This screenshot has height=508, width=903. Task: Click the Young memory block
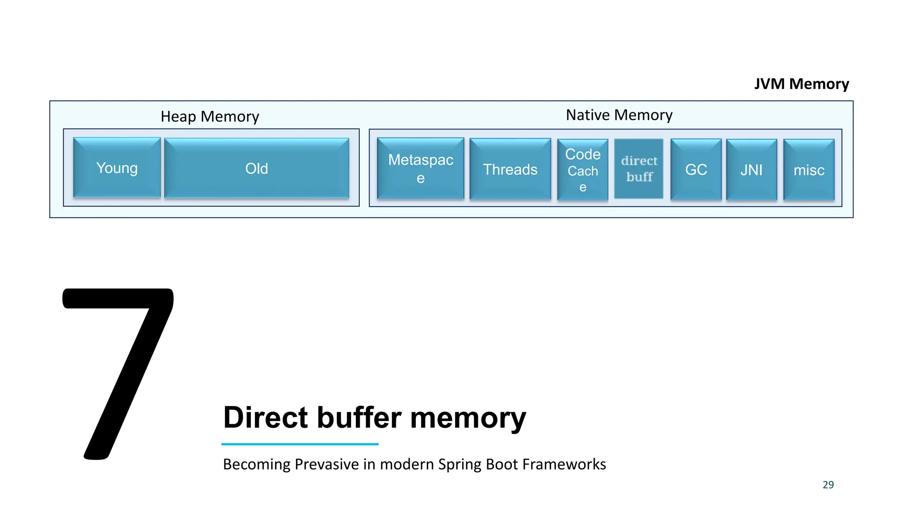point(117,168)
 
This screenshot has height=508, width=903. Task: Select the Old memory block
point(257,168)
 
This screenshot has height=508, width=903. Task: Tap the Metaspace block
point(421,168)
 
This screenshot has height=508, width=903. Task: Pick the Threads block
point(510,169)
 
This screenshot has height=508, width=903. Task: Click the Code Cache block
point(582,170)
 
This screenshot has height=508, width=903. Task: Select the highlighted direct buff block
point(639,169)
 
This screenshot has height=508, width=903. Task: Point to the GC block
point(696,170)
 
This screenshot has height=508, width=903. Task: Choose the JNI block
point(751,170)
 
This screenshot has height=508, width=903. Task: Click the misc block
point(809,170)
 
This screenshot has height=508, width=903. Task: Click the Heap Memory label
point(210,116)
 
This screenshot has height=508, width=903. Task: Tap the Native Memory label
point(619,115)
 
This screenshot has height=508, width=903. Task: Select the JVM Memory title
point(801,84)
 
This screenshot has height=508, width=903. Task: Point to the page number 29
point(828,485)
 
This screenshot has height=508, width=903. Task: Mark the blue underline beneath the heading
point(300,444)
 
